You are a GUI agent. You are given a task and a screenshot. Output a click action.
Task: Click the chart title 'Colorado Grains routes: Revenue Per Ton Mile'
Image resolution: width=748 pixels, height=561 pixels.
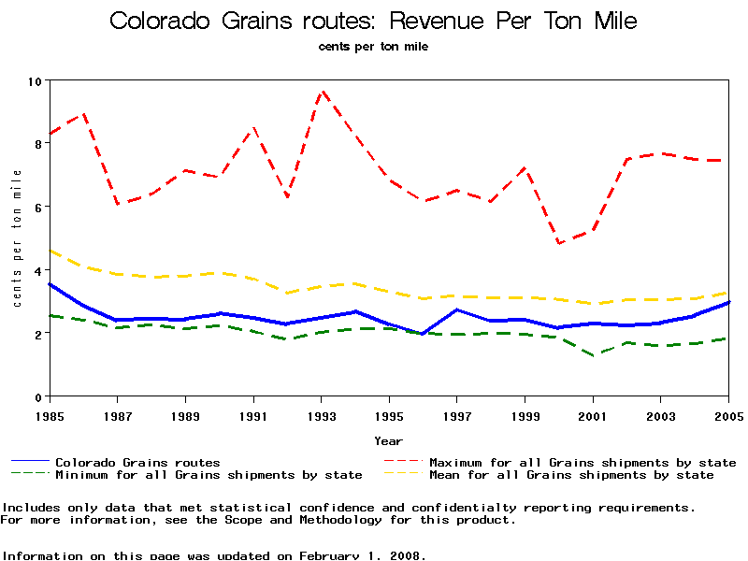click(x=374, y=21)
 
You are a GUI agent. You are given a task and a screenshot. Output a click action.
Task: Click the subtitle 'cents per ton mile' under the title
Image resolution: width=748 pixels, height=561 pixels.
click(x=374, y=45)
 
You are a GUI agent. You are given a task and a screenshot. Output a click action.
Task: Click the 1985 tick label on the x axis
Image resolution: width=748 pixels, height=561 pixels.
click(x=50, y=414)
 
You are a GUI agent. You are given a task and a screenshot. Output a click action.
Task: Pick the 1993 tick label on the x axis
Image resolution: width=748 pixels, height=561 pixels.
click(x=322, y=414)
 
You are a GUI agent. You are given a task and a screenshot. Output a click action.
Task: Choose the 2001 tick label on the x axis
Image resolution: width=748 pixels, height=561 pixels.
click(x=593, y=414)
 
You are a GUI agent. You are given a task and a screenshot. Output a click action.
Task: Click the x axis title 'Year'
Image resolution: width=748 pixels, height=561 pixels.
click(x=389, y=440)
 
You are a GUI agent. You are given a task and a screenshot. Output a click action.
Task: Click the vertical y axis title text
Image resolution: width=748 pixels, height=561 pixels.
click(x=17, y=238)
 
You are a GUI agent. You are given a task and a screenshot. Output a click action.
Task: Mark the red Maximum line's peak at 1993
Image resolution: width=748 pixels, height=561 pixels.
click(x=322, y=92)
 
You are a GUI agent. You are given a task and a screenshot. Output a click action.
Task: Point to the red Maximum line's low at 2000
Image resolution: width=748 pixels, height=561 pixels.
click(x=559, y=243)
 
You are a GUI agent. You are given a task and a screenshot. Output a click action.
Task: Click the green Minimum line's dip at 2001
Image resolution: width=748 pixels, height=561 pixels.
click(x=593, y=355)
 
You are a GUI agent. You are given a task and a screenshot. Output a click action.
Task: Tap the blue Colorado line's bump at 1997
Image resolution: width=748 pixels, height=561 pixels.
click(x=457, y=309)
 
